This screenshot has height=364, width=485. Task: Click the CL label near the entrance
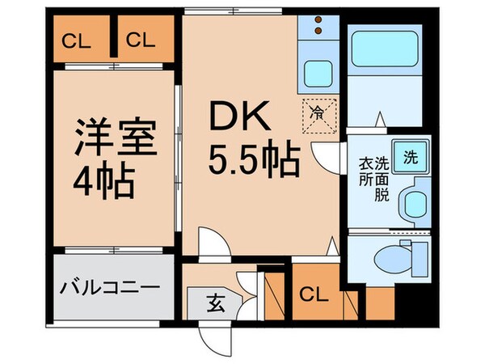[x=315, y=294]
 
